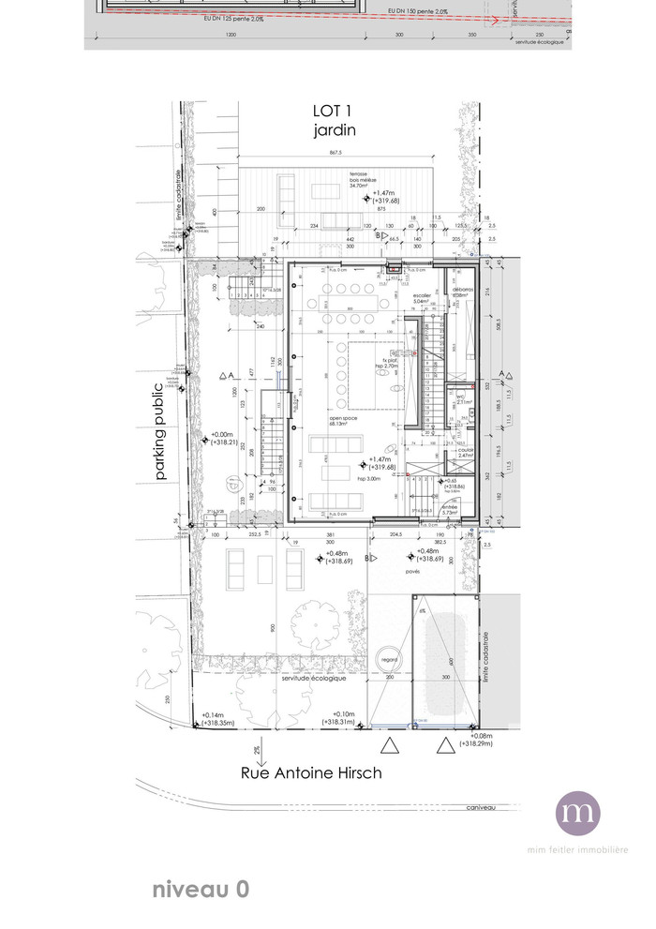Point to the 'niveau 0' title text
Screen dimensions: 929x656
[x=201, y=890]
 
